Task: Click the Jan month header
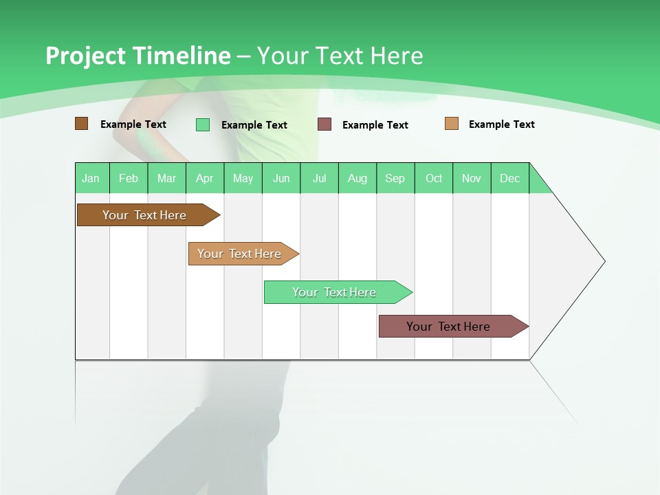pos(91,178)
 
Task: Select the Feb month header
pos(129,178)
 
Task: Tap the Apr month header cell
pos(205,178)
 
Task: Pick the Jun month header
pos(281,178)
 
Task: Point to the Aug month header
pos(357,178)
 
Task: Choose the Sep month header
pos(395,178)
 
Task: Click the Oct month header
pos(434,178)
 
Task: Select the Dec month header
pos(510,178)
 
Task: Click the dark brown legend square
pos(82,124)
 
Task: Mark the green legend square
pos(203,124)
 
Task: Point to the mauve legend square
pos(324,124)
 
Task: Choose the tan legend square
pos(452,124)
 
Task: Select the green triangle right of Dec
pos(538,184)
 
